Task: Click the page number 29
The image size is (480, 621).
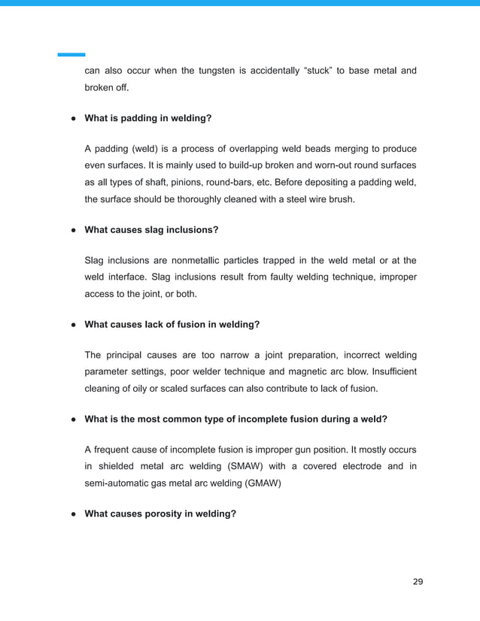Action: [418, 582]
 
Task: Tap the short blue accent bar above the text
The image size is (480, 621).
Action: [71, 54]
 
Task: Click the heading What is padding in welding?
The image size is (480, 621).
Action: [148, 118]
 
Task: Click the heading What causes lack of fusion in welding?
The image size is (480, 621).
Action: [172, 324]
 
